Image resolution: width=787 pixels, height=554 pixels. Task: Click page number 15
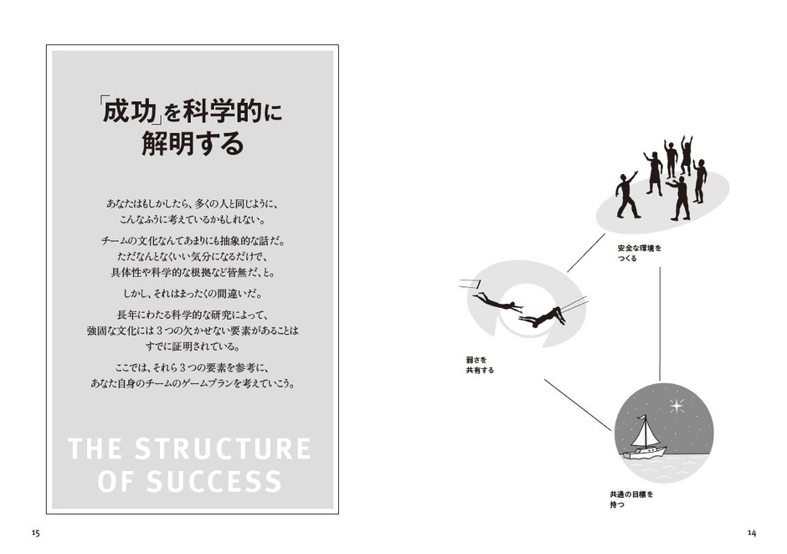tap(35, 533)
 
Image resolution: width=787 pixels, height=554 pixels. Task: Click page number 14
tap(751, 533)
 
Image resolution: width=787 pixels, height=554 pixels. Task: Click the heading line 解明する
tap(193, 144)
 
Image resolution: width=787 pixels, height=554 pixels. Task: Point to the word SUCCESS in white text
tap(214, 481)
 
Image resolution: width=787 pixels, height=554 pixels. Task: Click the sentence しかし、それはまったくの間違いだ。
tap(193, 294)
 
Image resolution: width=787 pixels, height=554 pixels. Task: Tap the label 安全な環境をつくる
tap(640, 253)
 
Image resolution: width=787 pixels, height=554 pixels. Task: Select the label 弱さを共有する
tap(480, 365)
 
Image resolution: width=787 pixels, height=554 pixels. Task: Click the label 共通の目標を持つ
tap(631, 500)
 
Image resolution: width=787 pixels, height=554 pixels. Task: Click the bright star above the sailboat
tap(676, 405)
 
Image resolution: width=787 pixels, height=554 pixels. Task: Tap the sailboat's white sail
tap(645, 433)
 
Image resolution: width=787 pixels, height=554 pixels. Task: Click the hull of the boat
tap(645, 453)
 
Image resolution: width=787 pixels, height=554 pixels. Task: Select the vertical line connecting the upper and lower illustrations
tap(660, 324)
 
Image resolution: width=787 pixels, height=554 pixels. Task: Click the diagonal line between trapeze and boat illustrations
tap(578, 404)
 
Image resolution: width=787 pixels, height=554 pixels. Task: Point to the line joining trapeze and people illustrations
tap(586, 253)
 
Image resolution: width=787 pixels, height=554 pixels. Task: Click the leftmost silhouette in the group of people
tap(627, 196)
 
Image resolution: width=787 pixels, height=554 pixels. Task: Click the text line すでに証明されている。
tap(193, 346)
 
